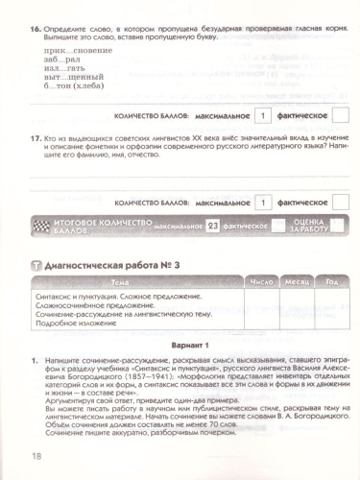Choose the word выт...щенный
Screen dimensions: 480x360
pyautogui.click(x=76, y=84)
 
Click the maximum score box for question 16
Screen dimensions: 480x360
pyautogui.click(x=261, y=117)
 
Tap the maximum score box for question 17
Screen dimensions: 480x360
pyautogui.click(x=261, y=203)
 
